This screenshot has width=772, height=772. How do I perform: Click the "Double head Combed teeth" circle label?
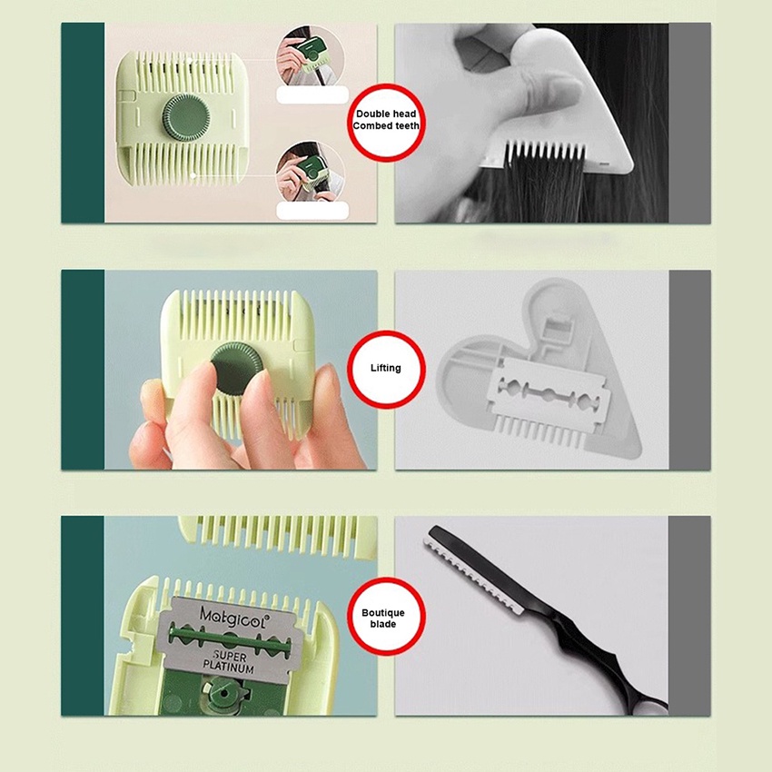pyautogui.click(x=385, y=123)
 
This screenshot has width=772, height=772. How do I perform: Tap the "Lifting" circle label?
pyautogui.click(x=385, y=369)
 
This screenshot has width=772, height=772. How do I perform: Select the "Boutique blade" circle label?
pyautogui.click(x=385, y=616)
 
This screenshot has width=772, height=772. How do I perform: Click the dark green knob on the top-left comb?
pyautogui.click(x=185, y=118)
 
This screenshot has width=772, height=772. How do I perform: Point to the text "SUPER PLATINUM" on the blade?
pyautogui.click(x=230, y=662)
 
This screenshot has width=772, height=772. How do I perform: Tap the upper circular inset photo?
pyautogui.click(x=311, y=58)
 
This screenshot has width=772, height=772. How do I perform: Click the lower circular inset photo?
pyautogui.click(x=311, y=173)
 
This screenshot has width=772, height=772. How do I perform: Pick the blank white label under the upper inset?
pyautogui.click(x=312, y=94)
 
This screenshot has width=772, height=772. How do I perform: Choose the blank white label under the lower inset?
pyautogui.click(x=312, y=211)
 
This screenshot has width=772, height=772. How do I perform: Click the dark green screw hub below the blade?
pyautogui.click(x=224, y=692)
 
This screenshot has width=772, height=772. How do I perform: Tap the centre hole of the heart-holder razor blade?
pyautogui.click(x=548, y=394)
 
